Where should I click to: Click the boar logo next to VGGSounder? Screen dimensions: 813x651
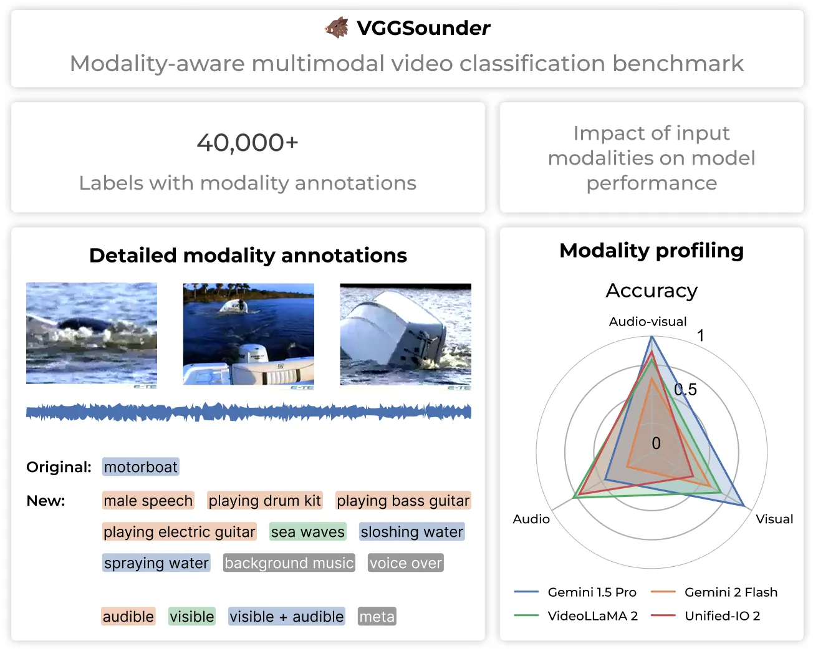[x=337, y=27]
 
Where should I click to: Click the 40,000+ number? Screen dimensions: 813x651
[x=248, y=143]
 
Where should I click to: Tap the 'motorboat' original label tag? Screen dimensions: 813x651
[x=140, y=466]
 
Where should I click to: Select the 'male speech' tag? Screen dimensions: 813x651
[x=148, y=500]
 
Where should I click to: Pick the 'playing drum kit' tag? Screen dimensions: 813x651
[x=264, y=500]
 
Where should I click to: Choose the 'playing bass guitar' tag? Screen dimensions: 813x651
[x=403, y=500]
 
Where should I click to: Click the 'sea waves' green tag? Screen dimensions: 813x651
[x=307, y=532]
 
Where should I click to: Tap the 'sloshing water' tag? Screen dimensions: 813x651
[x=411, y=532]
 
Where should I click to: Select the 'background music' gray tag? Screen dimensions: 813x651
[x=289, y=562]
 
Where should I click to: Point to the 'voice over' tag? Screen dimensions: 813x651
[x=406, y=562]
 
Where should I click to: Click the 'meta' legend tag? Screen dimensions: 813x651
[x=377, y=616]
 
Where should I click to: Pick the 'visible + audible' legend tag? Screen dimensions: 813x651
[x=287, y=616]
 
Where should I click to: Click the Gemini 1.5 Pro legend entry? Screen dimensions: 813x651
[x=575, y=592]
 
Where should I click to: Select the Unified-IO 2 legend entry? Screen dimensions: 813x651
[x=705, y=615]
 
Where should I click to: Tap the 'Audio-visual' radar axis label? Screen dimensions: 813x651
[x=648, y=321]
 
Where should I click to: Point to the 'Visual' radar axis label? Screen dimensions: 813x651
[x=774, y=519]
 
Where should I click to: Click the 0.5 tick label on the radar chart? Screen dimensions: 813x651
[x=685, y=389]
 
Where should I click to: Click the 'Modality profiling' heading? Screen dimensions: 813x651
[x=652, y=250]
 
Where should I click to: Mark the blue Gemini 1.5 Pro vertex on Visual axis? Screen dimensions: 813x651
[x=744, y=505]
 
